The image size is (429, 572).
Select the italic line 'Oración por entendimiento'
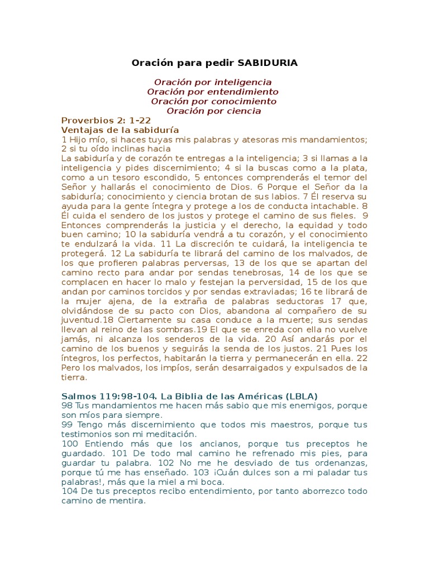pos(213,92)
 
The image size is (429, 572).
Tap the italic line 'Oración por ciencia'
pos(214,111)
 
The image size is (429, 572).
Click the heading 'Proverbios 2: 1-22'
pos(106,120)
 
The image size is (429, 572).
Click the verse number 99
pos(67,425)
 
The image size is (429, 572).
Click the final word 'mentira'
pos(126,500)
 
